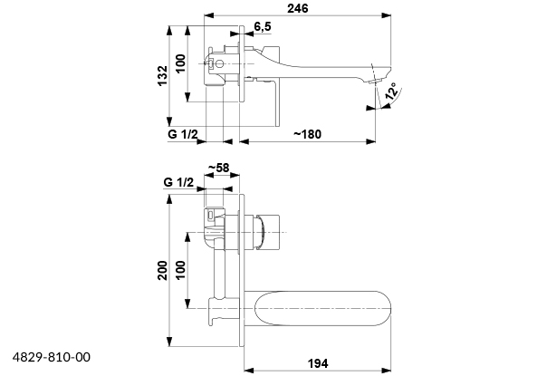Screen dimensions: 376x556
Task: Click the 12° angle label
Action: [x=391, y=92]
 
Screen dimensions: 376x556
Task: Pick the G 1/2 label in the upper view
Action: [x=183, y=134]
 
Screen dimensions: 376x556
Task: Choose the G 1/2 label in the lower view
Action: [x=179, y=182]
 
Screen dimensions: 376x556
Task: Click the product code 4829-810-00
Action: [x=52, y=358]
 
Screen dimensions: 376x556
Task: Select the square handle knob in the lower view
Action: [x=269, y=233]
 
